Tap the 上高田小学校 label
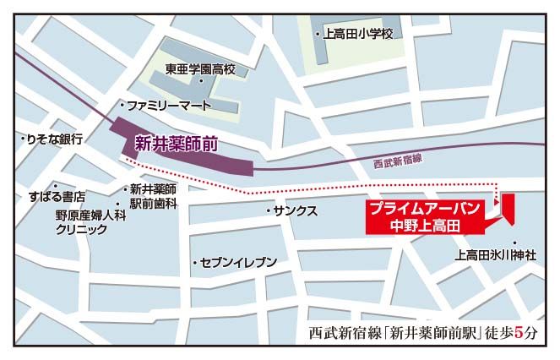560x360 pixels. click(x=358, y=34)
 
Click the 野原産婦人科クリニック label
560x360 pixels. click(x=85, y=222)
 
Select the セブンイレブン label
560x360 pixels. click(x=239, y=263)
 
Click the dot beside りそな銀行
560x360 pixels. click(x=22, y=139)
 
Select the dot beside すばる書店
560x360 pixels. click(x=56, y=185)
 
